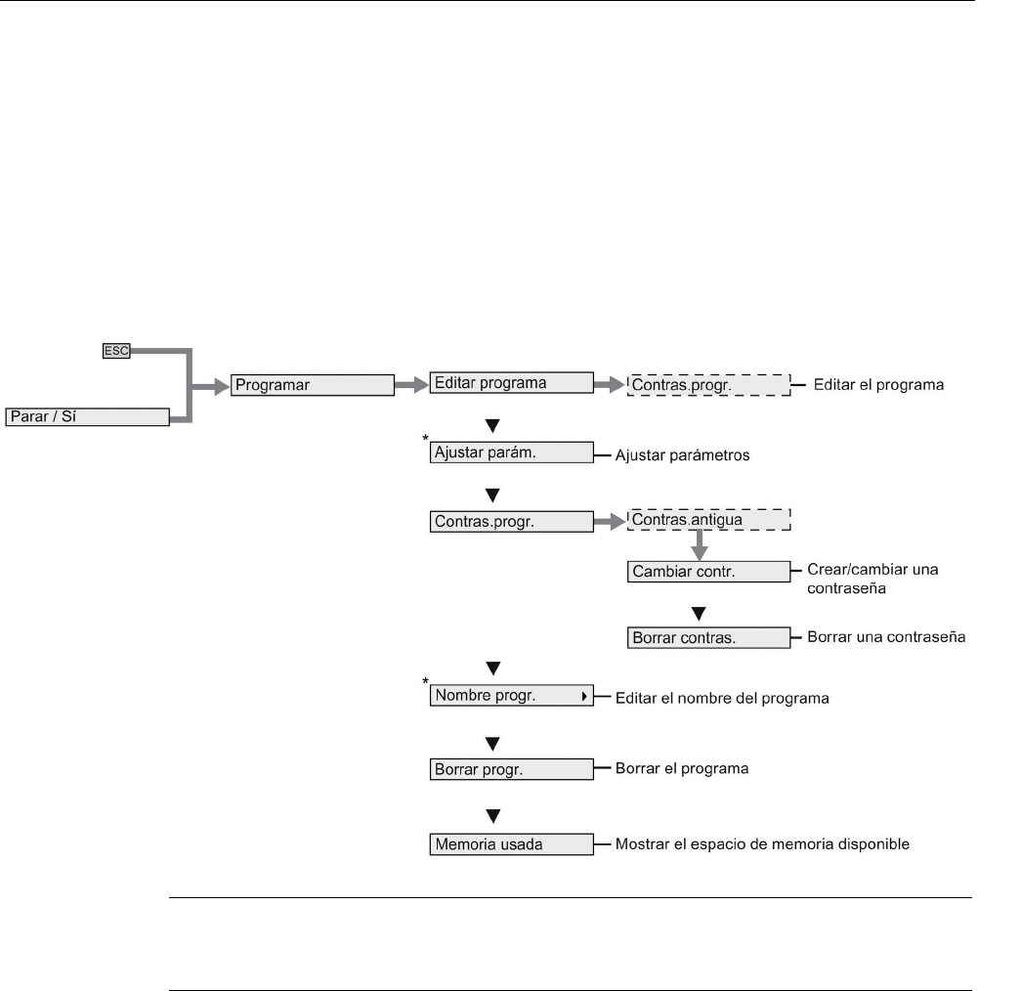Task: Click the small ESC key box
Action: pyautogui.click(x=116, y=351)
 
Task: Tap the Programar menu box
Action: pyautogui.click(x=312, y=385)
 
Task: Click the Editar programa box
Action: pyautogui.click(x=511, y=383)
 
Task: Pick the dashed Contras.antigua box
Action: pyautogui.click(x=708, y=520)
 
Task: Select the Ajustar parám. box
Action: pyautogui.click(x=511, y=453)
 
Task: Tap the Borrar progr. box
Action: pyautogui.click(x=511, y=768)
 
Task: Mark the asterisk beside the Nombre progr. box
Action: pyautogui.click(x=425, y=679)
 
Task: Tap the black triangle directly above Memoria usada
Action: pyautogui.click(x=493, y=813)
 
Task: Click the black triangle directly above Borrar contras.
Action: pyautogui.click(x=699, y=613)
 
